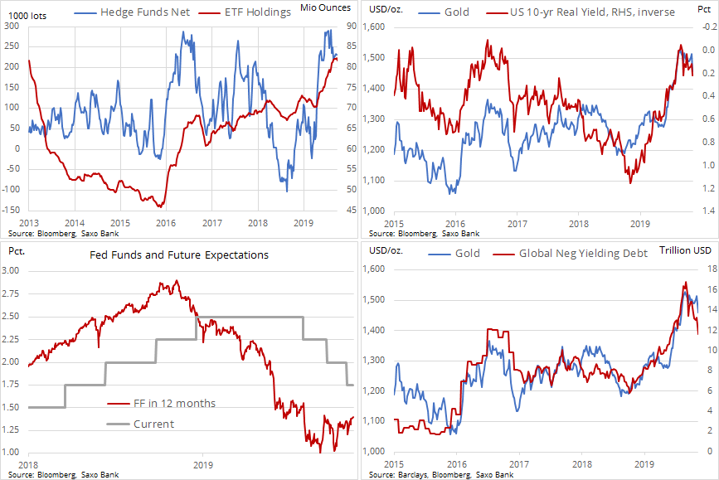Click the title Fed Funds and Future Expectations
pos(180,255)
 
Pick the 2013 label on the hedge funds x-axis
pos(27,223)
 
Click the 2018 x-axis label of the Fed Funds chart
pos(27,464)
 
